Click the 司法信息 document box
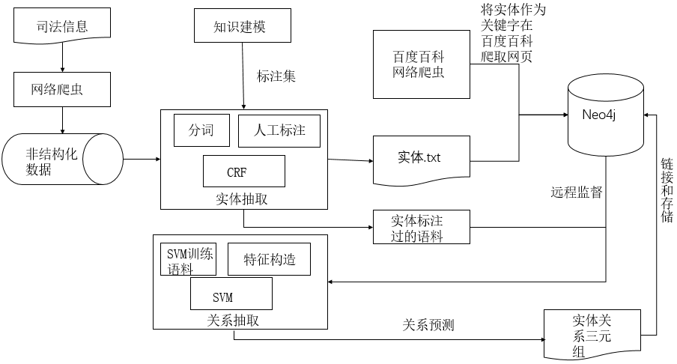point(62,27)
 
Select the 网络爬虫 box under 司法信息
point(63,90)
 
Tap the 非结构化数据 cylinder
point(62,160)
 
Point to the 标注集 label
point(277,76)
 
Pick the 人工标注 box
point(279,131)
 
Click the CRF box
point(244,172)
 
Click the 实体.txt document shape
point(421,159)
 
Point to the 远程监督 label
point(577,192)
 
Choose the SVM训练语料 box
point(189,259)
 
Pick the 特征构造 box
point(269,260)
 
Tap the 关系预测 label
point(428,325)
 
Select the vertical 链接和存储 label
point(667,190)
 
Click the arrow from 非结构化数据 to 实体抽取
point(142,159)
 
